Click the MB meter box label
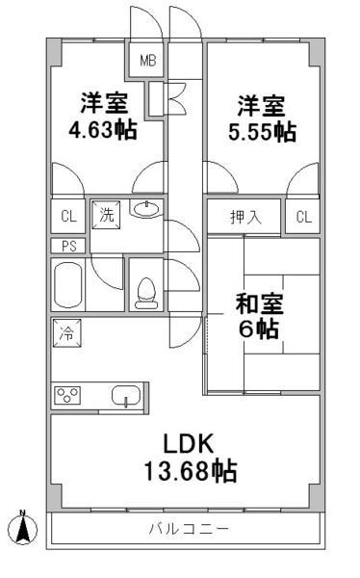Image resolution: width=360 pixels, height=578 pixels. coord(148,61)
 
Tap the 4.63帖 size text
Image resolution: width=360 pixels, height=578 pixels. coord(103,130)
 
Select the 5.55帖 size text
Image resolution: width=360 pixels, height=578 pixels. coord(263,132)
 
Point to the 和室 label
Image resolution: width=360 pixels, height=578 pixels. coord(259,303)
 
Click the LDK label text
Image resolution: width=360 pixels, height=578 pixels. coord(189,443)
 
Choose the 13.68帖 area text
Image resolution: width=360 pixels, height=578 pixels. coord(191,471)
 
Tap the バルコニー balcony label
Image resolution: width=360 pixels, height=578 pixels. coord(189,529)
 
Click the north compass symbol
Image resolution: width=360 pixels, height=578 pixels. coord(23,528)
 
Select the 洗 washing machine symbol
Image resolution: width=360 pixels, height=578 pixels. coord(106,215)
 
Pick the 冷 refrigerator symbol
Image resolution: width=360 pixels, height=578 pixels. coord(67,333)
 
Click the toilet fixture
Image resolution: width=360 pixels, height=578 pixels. coord(146,293)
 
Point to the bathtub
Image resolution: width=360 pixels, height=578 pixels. coord(67,284)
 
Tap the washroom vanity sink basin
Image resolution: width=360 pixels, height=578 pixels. coord(146,209)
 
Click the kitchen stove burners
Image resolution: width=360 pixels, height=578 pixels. coord(67,395)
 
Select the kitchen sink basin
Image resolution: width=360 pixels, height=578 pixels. coord(126,396)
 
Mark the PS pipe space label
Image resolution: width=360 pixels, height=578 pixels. coord(68,246)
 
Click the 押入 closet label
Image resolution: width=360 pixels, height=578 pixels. coord(245,217)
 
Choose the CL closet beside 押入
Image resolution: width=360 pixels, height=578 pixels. coord(303,217)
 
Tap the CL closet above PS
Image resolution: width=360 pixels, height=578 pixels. coord(68,216)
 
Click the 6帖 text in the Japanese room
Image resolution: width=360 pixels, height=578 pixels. coord(259,328)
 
